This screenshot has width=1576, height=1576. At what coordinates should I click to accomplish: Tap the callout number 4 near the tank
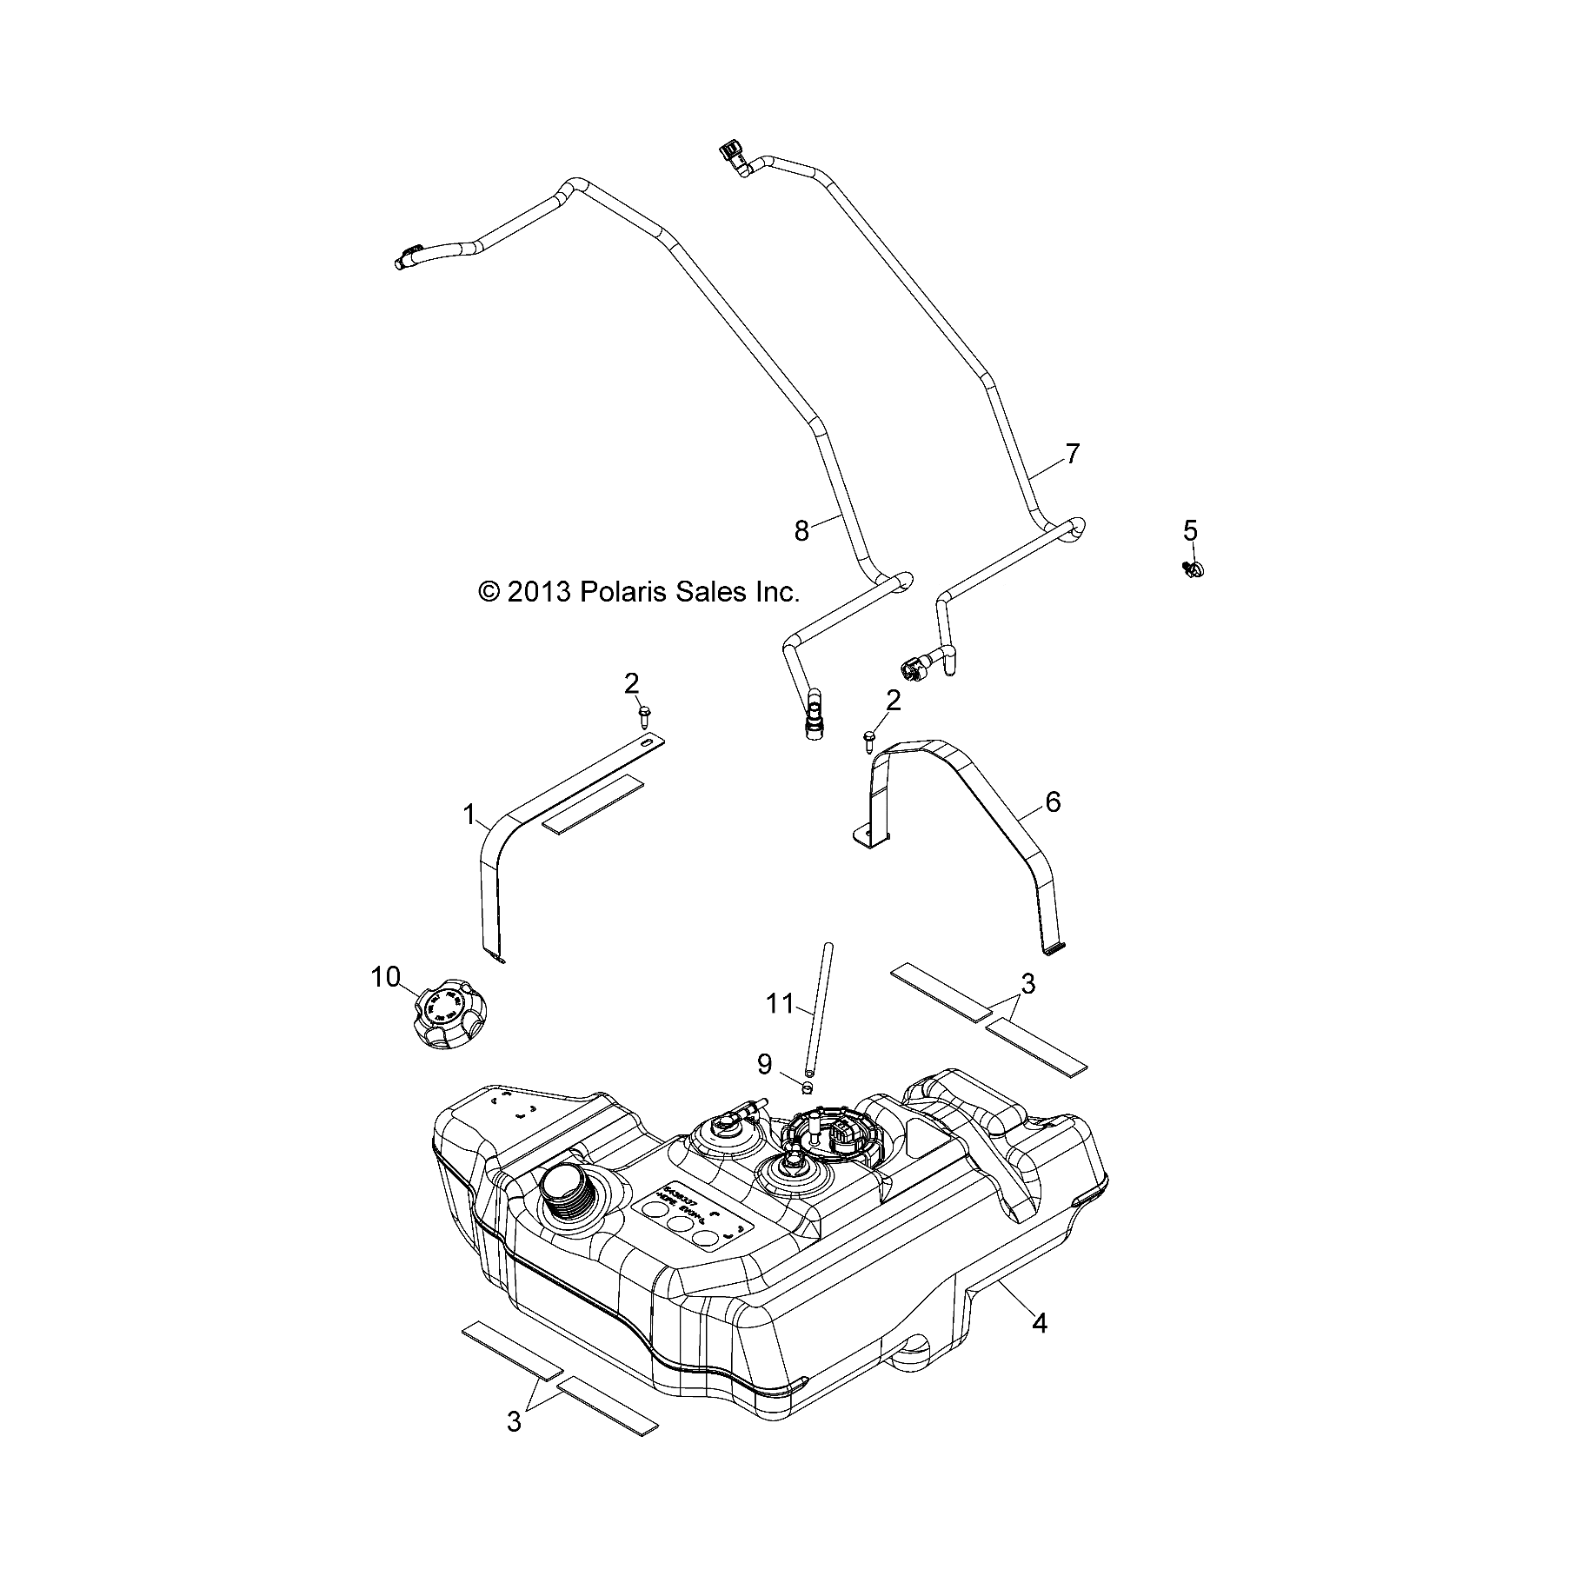pos(1039,1323)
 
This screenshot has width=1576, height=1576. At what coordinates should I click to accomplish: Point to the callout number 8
pos(801,530)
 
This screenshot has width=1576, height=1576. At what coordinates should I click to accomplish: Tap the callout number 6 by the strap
pos(1053,801)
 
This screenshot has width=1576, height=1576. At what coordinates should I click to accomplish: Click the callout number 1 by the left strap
pos(469,815)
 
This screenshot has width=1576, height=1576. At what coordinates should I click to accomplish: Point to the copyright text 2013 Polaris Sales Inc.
pos(638,592)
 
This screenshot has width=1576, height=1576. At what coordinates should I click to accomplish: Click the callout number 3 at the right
pos(1027,984)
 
